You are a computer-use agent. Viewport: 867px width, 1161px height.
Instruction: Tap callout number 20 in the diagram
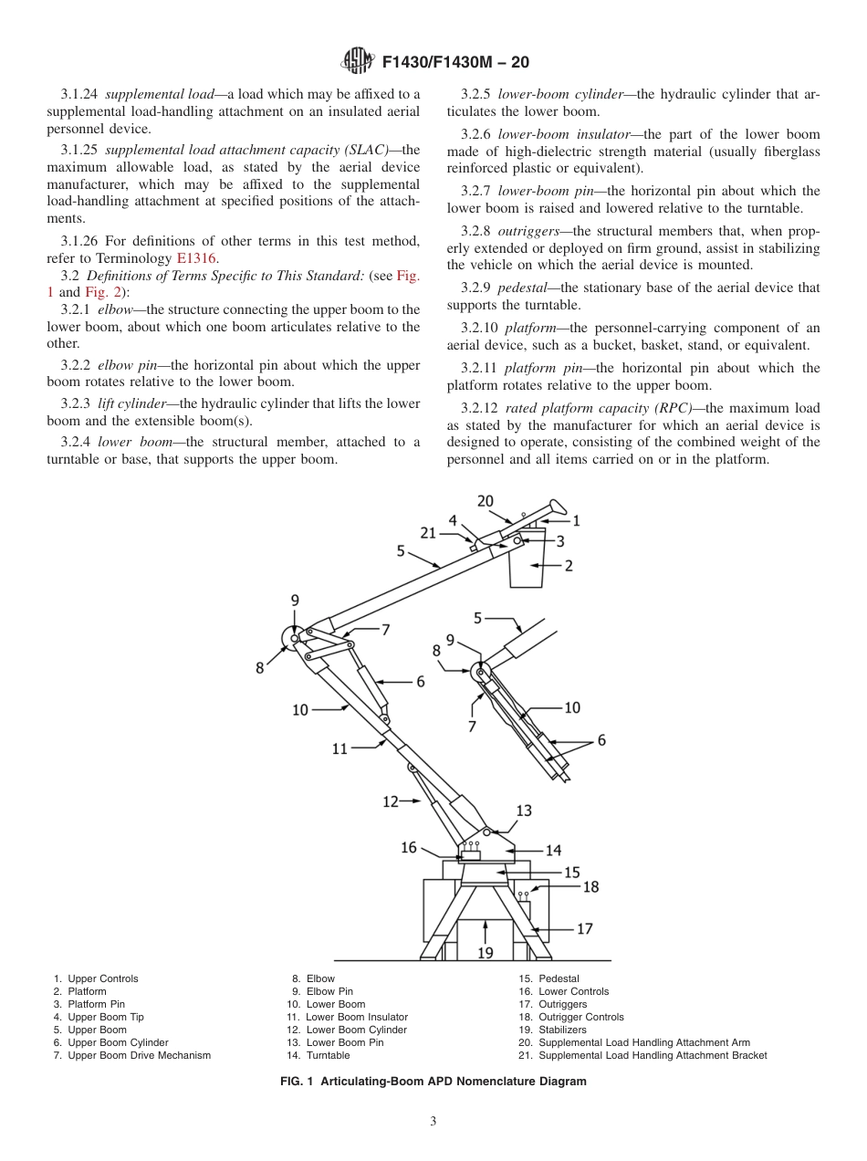[486, 501]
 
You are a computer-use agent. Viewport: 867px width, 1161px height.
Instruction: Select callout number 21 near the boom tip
[428, 533]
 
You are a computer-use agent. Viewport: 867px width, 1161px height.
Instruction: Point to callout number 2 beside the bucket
[568, 566]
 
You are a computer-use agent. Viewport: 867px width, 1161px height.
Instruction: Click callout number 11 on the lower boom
[340, 748]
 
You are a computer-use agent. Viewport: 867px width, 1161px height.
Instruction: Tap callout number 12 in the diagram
[391, 801]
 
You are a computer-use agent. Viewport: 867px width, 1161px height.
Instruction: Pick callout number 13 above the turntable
[524, 811]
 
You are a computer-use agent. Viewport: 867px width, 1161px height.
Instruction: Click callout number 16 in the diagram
[408, 848]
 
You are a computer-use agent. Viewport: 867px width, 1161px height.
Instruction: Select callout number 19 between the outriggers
[486, 952]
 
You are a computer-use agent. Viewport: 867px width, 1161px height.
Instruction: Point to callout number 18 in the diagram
[590, 886]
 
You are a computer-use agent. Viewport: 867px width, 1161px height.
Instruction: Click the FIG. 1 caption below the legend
[433, 1081]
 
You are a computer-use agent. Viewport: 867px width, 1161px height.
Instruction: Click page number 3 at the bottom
[433, 1122]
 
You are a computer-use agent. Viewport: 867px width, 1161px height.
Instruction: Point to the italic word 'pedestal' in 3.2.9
[522, 288]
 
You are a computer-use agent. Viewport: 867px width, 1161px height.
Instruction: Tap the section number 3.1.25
[81, 150]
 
